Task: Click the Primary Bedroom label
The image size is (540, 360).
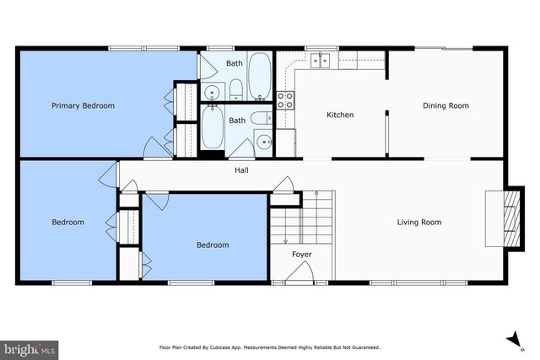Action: pos(83,105)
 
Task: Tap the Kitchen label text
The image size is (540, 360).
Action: pos(340,115)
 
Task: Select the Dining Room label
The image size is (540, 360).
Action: pos(445,105)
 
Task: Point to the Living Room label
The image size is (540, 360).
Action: pos(419,223)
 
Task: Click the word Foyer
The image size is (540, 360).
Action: pos(302,253)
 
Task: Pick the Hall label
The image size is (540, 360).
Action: pos(241,170)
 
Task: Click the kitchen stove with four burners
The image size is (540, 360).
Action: pos(286,100)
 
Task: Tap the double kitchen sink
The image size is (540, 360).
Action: pos(319,60)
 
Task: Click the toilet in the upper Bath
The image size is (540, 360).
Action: pos(235,89)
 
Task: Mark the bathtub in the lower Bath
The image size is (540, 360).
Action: pos(212,130)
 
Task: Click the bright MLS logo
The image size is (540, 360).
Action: pos(30,348)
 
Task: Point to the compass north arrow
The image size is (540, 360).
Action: pos(512,339)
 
